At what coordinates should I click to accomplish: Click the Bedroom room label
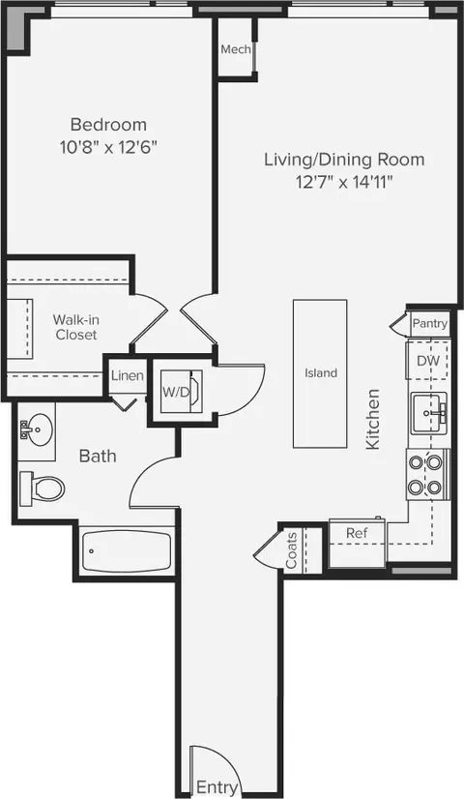108,125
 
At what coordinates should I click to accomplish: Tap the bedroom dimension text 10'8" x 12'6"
108,147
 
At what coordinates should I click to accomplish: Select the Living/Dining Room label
344,160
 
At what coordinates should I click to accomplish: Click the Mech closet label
236,49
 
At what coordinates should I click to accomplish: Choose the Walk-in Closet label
75,326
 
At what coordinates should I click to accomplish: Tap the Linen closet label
128,376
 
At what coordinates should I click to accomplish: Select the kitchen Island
320,372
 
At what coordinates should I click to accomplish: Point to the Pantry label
429,324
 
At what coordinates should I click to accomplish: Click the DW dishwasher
428,361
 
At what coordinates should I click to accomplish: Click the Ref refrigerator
357,533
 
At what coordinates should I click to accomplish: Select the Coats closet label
291,547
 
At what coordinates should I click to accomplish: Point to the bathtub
127,553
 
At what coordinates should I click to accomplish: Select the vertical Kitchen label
373,418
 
